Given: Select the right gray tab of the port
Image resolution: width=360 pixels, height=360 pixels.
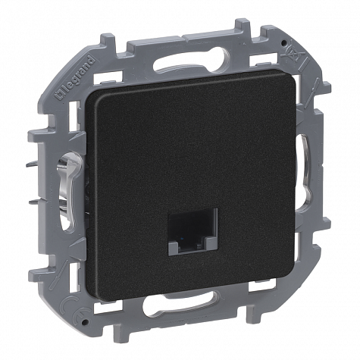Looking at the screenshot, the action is click(x=211, y=245).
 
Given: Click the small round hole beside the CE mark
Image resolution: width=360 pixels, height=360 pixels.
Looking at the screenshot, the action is click(x=86, y=322).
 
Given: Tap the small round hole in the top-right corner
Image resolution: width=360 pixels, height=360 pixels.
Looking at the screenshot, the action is click(x=284, y=42).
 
